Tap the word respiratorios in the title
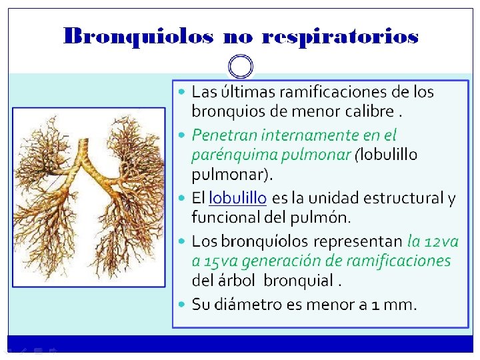click(341, 37)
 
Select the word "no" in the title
click(237, 37)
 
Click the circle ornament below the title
click(241, 66)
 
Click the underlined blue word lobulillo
click(238, 198)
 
